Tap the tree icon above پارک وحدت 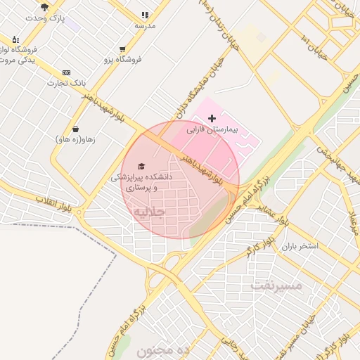45,7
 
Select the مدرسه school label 145,25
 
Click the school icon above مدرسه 145,14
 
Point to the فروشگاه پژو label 123,60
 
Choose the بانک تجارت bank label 66,83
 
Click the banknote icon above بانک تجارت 66,72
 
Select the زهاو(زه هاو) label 75,139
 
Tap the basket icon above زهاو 75,129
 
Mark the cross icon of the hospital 212,119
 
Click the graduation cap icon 141,167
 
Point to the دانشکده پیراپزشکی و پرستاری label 141,183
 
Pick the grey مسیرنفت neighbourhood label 276,285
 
